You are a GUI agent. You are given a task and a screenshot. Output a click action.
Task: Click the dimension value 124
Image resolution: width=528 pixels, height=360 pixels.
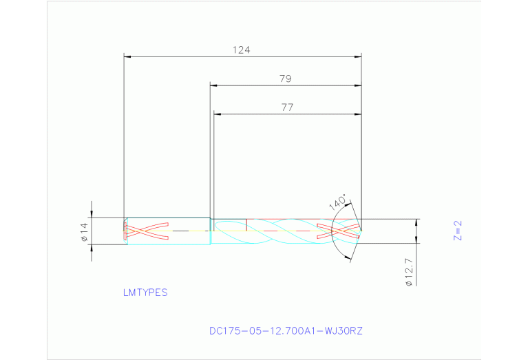click(241, 50)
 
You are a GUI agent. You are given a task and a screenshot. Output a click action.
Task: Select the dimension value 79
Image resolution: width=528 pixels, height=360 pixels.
click(286, 78)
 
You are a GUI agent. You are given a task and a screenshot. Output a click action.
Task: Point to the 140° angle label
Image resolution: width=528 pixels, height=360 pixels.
click(337, 201)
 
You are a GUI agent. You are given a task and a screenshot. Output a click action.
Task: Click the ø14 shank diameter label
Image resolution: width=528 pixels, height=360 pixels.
click(84, 233)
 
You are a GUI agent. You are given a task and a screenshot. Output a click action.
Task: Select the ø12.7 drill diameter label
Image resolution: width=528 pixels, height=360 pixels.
click(409, 272)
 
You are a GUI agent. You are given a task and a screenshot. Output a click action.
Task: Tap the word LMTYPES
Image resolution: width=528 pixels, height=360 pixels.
click(145, 293)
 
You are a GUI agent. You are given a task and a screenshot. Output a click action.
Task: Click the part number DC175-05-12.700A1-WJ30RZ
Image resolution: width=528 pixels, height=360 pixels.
click(286, 331)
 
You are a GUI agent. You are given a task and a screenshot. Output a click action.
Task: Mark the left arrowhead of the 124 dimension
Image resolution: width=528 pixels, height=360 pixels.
click(127, 56)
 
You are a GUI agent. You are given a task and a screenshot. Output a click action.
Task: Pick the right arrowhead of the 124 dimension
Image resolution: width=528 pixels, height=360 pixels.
click(357, 56)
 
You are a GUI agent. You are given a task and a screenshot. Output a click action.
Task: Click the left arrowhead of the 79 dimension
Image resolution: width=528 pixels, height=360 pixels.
click(214, 85)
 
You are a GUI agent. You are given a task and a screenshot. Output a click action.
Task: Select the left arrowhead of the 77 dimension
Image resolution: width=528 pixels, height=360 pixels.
click(218, 114)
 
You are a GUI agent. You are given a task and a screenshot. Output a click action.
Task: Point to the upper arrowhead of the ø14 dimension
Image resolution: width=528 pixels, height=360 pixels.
click(92, 214)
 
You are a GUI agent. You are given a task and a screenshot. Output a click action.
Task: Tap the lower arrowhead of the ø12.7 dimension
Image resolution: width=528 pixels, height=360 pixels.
click(416, 239)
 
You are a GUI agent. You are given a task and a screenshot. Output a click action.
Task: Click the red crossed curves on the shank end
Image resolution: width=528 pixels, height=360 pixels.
click(146, 231)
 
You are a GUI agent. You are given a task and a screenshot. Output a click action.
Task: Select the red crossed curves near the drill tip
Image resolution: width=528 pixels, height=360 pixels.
click(337, 231)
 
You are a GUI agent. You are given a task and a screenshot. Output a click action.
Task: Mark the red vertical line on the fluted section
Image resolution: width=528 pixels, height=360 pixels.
click(246, 225)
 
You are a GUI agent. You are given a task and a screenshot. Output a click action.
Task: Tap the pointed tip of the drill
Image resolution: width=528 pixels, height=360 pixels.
click(361, 231)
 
